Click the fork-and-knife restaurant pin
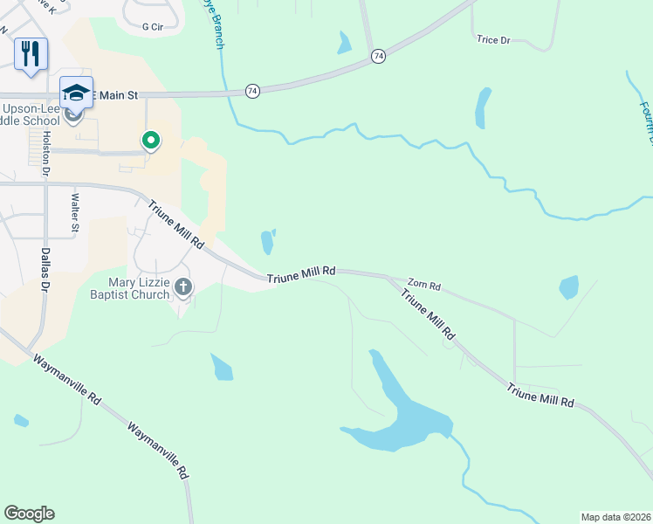(x=31, y=54)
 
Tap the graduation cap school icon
(x=76, y=93)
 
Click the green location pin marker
(x=151, y=140)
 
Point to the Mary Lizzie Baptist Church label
(x=139, y=288)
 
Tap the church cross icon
(x=183, y=286)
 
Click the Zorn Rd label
(x=424, y=286)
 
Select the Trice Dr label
(x=493, y=39)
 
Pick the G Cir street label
(x=153, y=27)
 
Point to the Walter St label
(x=75, y=215)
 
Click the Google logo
(x=29, y=514)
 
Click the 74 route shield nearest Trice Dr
(x=377, y=56)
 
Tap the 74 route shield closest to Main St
(x=251, y=91)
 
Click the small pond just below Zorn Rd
(x=568, y=286)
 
